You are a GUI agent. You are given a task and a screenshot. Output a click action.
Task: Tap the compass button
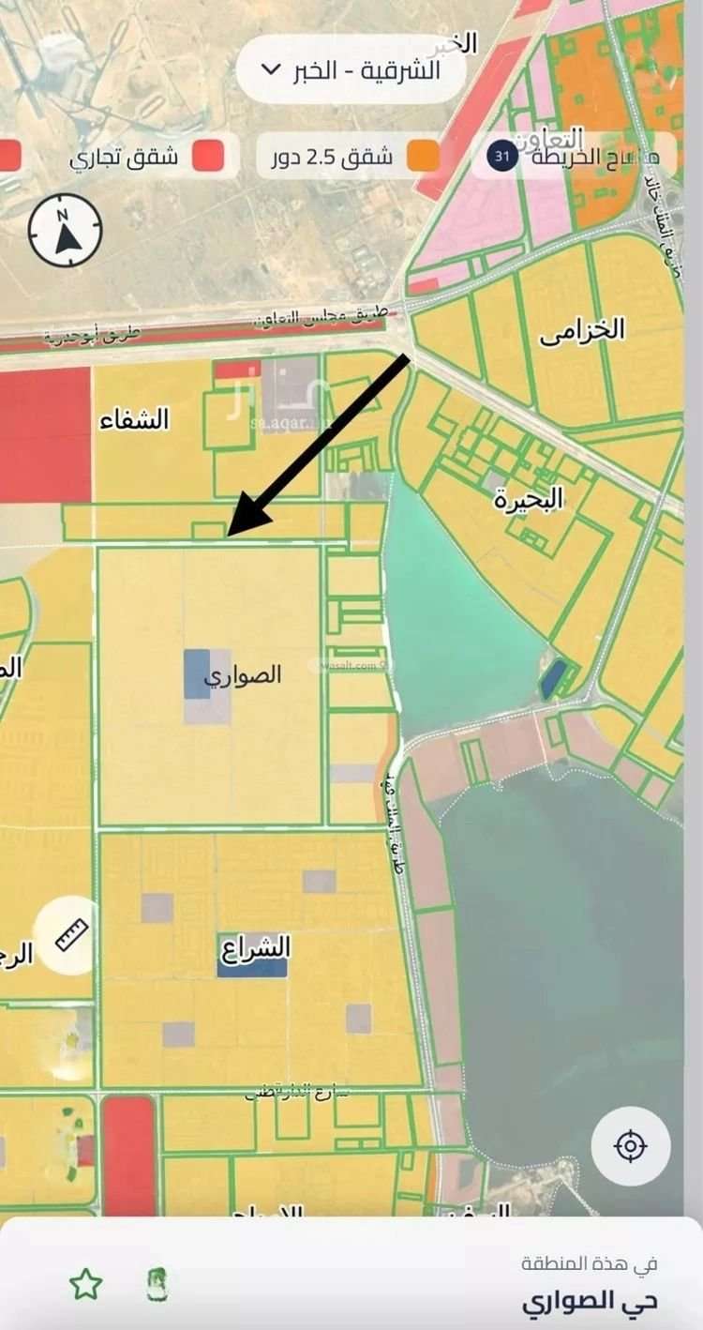pos(65,231)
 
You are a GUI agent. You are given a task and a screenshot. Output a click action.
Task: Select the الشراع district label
pos(254,946)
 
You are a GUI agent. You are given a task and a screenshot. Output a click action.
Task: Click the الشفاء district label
pos(135,419)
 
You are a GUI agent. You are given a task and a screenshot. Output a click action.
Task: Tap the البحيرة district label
pos(529,499)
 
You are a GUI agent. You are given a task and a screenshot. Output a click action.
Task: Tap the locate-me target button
pos(631,1145)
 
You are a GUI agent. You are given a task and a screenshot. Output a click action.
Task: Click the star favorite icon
pos(85,1284)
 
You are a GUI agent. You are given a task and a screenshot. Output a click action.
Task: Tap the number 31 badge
pos(501,157)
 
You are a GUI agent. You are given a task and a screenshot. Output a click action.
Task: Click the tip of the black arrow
pos(231,534)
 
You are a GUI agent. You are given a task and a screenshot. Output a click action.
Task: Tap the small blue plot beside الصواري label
pos(197,673)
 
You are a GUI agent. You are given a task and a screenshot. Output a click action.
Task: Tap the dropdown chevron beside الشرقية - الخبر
pos(270,69)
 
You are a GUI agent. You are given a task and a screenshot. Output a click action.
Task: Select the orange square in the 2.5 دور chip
pos(423,157)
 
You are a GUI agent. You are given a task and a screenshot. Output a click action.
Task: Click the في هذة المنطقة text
pos(590,1263)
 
